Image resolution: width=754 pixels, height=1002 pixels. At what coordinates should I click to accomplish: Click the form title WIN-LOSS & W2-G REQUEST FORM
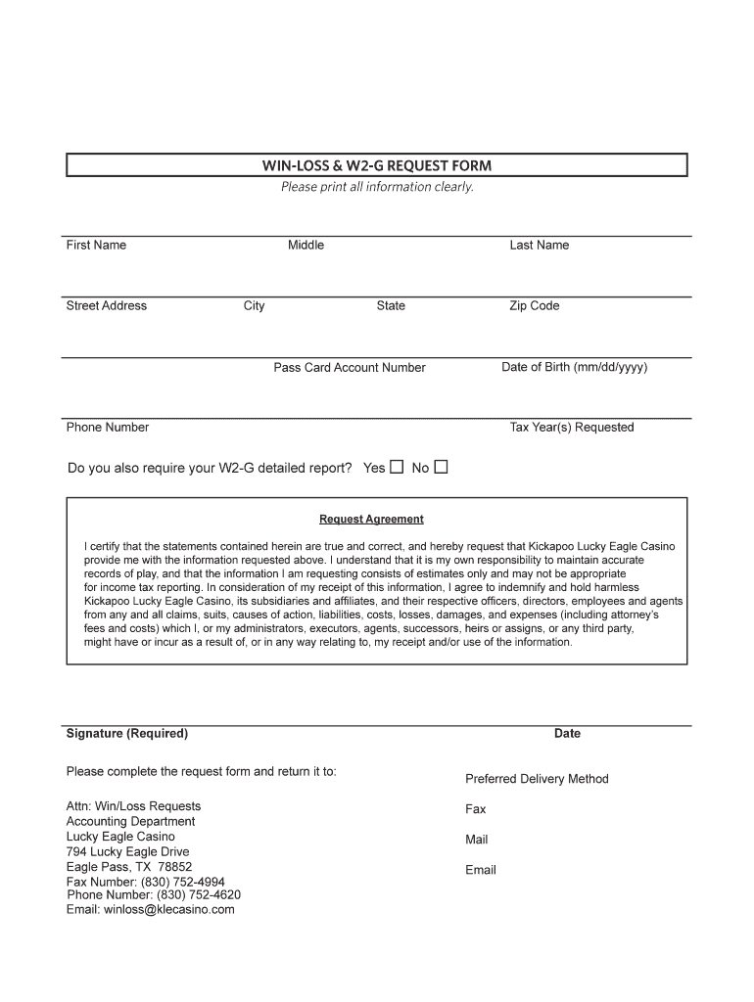tap(376, 165)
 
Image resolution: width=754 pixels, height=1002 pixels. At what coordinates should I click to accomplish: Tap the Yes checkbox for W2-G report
tap(397, 467)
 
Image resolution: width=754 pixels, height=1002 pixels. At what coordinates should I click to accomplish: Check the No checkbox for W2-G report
tap(441, 467)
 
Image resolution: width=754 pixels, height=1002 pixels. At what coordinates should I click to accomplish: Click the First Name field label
tap(96, 245)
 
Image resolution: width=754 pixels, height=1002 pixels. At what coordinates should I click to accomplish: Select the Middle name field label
tap(306, 245)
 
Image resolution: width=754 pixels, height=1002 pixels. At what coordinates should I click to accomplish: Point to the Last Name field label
tap(539, 245)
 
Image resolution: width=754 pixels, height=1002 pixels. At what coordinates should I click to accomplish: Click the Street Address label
tap(107, 305)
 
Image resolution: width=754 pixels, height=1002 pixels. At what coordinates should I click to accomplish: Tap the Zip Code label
tap(534, 305)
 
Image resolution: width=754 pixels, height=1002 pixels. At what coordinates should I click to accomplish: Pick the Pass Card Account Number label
tap(350, 368)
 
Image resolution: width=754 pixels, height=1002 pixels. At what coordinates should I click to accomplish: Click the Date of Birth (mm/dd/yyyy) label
tap(574, 367)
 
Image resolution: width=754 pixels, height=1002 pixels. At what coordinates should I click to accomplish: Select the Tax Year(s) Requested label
tap(572, 428)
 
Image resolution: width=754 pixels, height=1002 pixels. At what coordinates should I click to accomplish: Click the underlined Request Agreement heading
tap(371, 520)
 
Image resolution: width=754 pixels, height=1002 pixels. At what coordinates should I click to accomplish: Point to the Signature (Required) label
tap(127, 733)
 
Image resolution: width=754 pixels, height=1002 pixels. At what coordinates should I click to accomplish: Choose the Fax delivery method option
tap(476, 809)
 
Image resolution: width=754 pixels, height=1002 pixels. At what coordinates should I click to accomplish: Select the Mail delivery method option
tap(477, 840)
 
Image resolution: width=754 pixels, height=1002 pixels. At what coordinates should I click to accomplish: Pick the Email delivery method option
tap(481, 870)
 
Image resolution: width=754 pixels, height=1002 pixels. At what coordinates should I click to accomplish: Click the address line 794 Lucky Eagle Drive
tap(127, 851)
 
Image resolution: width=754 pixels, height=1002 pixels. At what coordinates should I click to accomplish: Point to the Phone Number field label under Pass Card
tap(108, 427)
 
